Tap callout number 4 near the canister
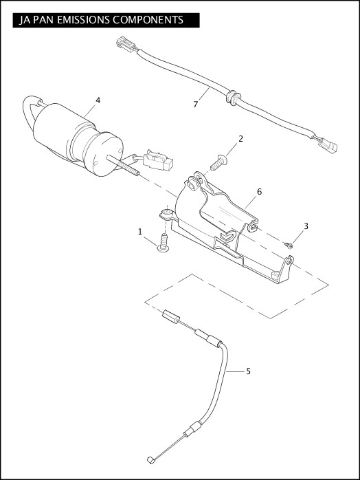click(x=98, y=100)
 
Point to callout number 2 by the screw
click(x=240, y=139)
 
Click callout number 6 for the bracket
click(x=260, y=191)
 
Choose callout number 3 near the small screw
click(x=306, y=226)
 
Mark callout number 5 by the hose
click(x=248, y=371)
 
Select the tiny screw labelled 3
click(x=290, y=244)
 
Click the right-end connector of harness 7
click(x=328, y=146)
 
